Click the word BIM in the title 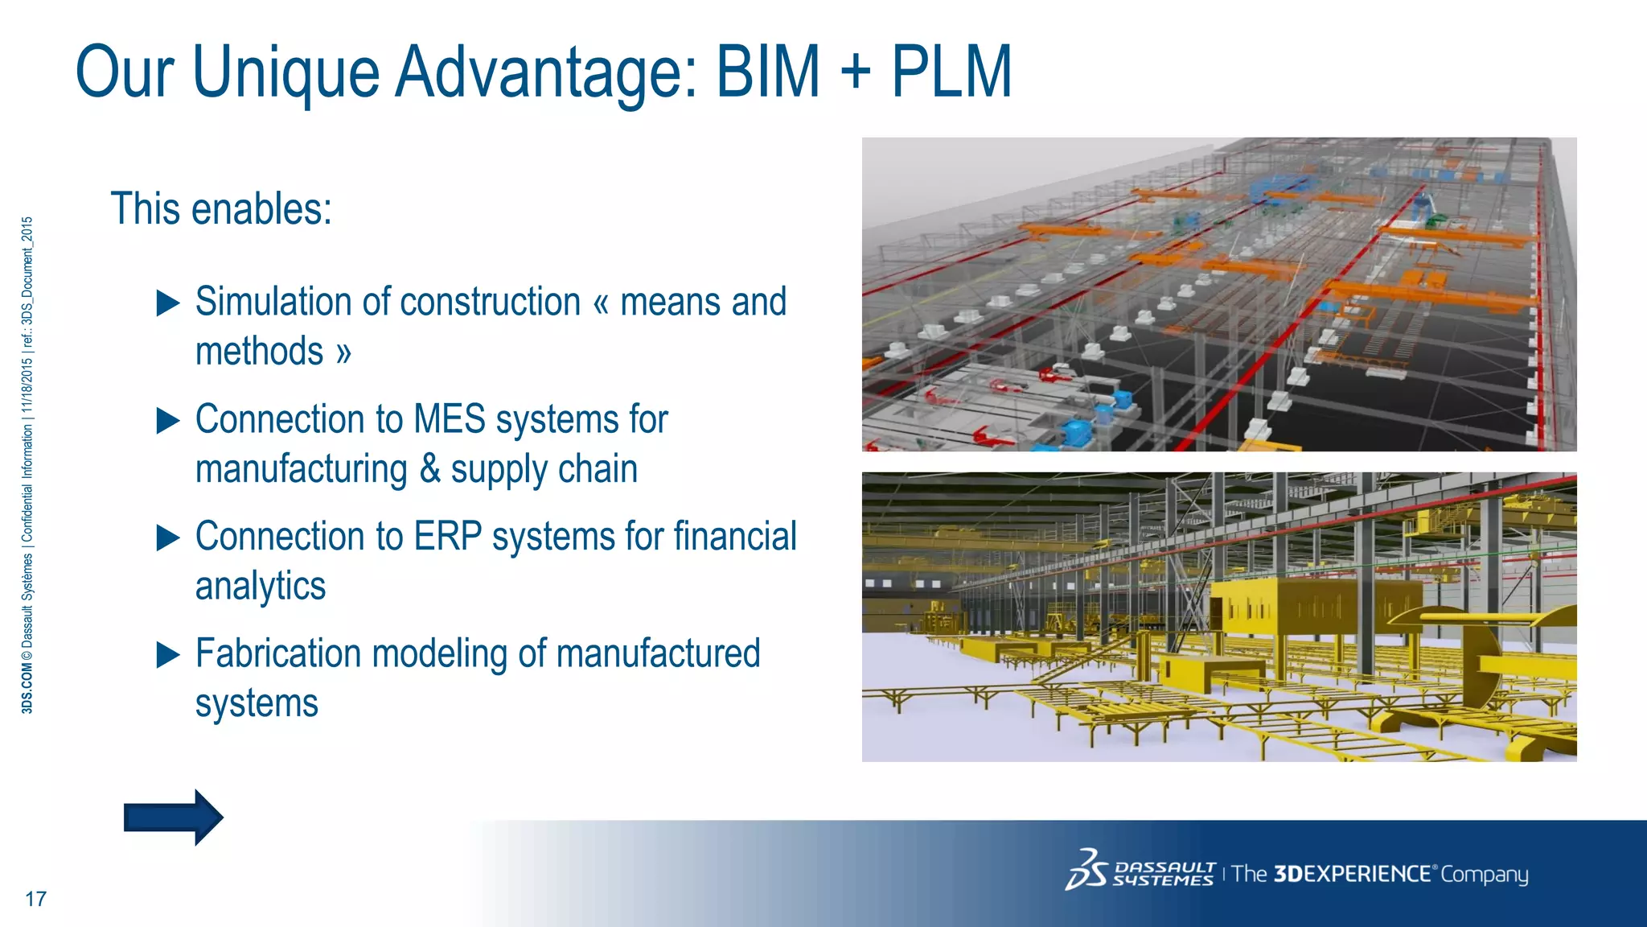(x=767, y=72)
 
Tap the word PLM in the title (x=951, y=72)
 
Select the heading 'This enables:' (x=221, y=209)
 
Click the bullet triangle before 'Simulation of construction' (x=168, y=303)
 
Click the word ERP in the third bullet (x=447, y=537)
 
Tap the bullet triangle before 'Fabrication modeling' (x=168, y=655)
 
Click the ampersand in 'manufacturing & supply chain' (x=429, y=468)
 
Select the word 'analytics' (x=261, y=587)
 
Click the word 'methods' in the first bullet (x=259, y=352)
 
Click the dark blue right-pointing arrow (x=173, y=818)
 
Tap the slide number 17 (x=36, y=899)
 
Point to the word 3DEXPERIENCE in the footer (x=1352, y=874)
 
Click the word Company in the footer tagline (x=1484, y=875)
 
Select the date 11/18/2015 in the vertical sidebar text (x=27, y=385)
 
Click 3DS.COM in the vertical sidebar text (x=27, y=689)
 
